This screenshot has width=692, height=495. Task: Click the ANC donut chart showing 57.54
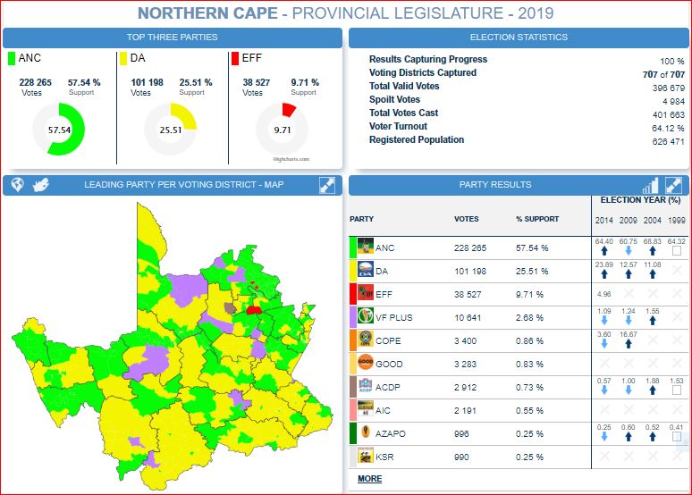click(x=59, y=130)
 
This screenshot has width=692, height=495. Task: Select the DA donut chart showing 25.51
click(x=170, y=130)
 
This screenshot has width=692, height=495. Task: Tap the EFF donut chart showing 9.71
click(x=283, y=130)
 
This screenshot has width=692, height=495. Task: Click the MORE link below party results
click(x=369, y=479)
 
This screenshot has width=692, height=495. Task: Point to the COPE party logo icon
click(x=365, y=340)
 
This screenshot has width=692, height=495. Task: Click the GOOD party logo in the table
click(x=365, y=364)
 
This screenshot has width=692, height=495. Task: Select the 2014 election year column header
click(x=603, y=220)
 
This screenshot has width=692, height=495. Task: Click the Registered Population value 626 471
click(x=668, y=141)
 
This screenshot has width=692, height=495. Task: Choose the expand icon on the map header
click(x=327, y=185)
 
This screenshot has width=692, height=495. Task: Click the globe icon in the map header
click(x=16, y=185)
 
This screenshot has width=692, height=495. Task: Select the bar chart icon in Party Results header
click(x=650, y=185)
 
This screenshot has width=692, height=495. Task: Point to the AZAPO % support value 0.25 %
click(x=532, y=433)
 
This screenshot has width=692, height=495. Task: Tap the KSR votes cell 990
click(x=463, y=457)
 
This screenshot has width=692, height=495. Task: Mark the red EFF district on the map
click(x=255, y=310)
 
